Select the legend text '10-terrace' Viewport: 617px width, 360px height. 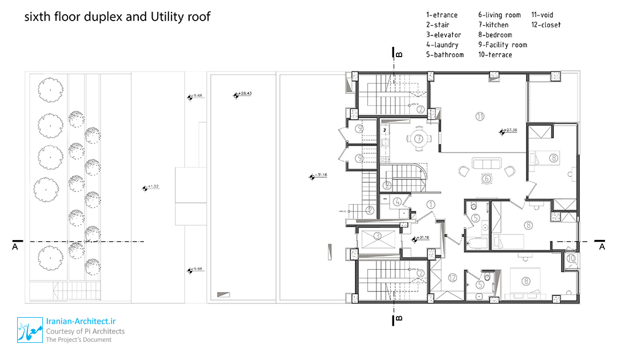495,55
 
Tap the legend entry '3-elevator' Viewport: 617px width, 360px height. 443,35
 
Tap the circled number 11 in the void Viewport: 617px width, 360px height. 479,117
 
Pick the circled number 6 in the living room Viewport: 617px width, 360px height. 487,178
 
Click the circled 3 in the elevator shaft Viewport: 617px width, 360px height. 378,235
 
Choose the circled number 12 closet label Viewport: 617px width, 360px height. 453,278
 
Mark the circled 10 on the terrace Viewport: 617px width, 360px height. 571,259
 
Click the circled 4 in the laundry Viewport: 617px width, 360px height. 397,201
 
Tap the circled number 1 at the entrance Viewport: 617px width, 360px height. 430,204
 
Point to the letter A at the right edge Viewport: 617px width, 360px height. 602,246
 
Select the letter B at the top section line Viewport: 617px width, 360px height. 399,54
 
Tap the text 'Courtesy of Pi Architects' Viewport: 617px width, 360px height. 86,331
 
